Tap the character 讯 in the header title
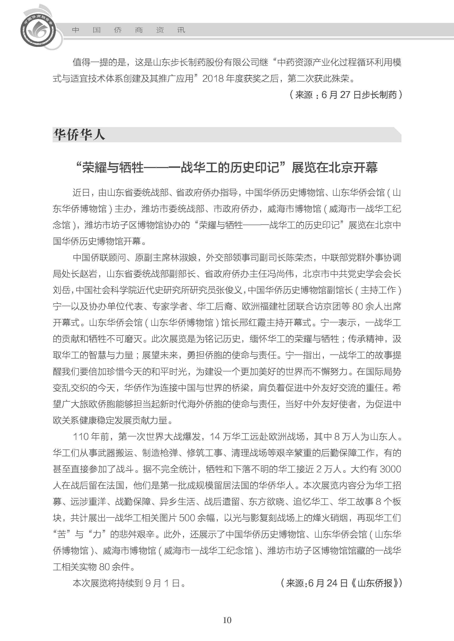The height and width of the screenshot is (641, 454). click(x=181, y=30)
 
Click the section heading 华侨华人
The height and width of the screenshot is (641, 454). click(x=79, y=135)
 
